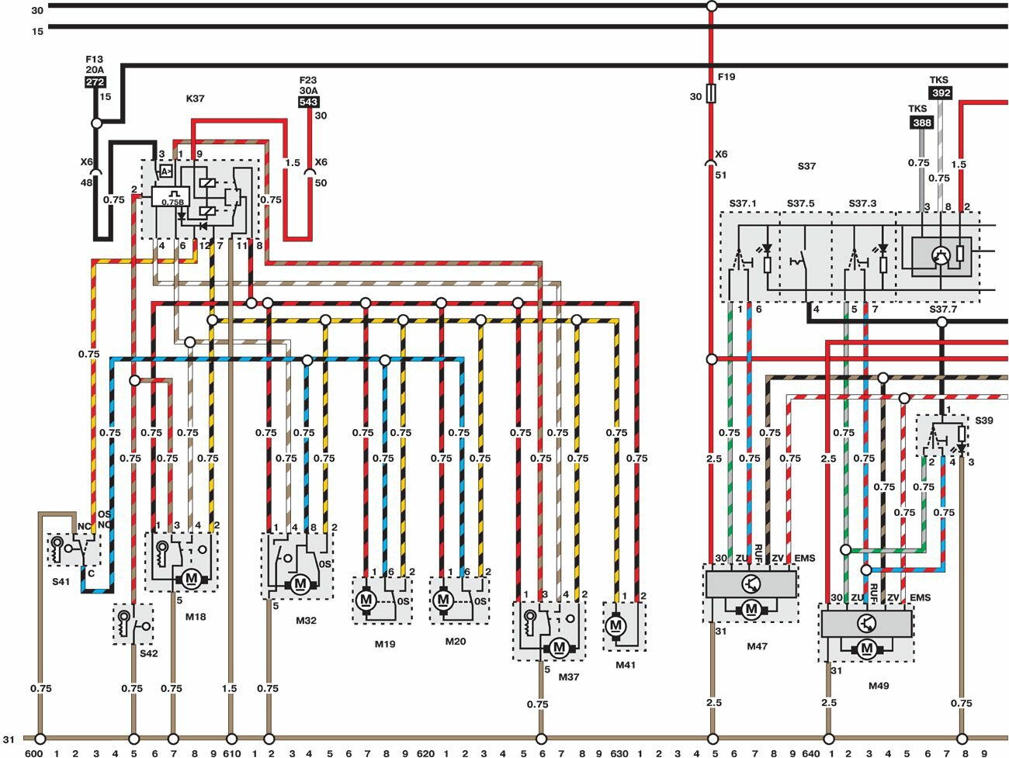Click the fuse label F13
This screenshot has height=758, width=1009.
pyautogui.click(x=94, y=59)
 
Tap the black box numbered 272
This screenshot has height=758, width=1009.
pyautogui.click(x=95, y=82)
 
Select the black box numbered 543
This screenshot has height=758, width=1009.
pyautogui.click(x=308, y=102)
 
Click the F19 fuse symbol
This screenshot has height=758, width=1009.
pyautogui.click(x=711, y=95)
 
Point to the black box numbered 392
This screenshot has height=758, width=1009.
pyautogui.click(x=941, y=93)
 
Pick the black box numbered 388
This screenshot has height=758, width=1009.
pyautogui.click(x=921, y=123)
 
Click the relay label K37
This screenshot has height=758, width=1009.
pyautogui.click(x=195, y=99)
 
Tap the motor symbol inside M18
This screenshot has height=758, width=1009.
pyautogui.click(x=191, y=578)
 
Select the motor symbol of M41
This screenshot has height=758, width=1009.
pyautogui.click(x=616, y=625)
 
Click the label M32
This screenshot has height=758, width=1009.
pyautogui.click(x=306, y=621)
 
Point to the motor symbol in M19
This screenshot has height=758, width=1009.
pyautogui.click(x=366, y=600)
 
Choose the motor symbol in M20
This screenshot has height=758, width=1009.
pyautogui.click(x=443, y=600)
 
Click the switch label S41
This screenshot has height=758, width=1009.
pyautogui.click(x=61, y=581)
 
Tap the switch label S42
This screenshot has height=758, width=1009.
pyautogui.click(x=148, y=653)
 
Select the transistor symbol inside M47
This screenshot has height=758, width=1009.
pyautogui.click(x=751, y=584)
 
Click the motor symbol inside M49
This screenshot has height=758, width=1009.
pyautogui.click(x=867, y=649)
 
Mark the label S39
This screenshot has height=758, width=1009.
pyautogui.click(x=983, y=421)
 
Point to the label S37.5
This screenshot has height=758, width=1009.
pyautogui.click(x=800, y=204)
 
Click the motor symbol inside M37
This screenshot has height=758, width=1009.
pyautogui.click(x=559, y=647)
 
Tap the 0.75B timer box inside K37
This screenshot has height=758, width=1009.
pyautogui.click(x=170, y=197)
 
